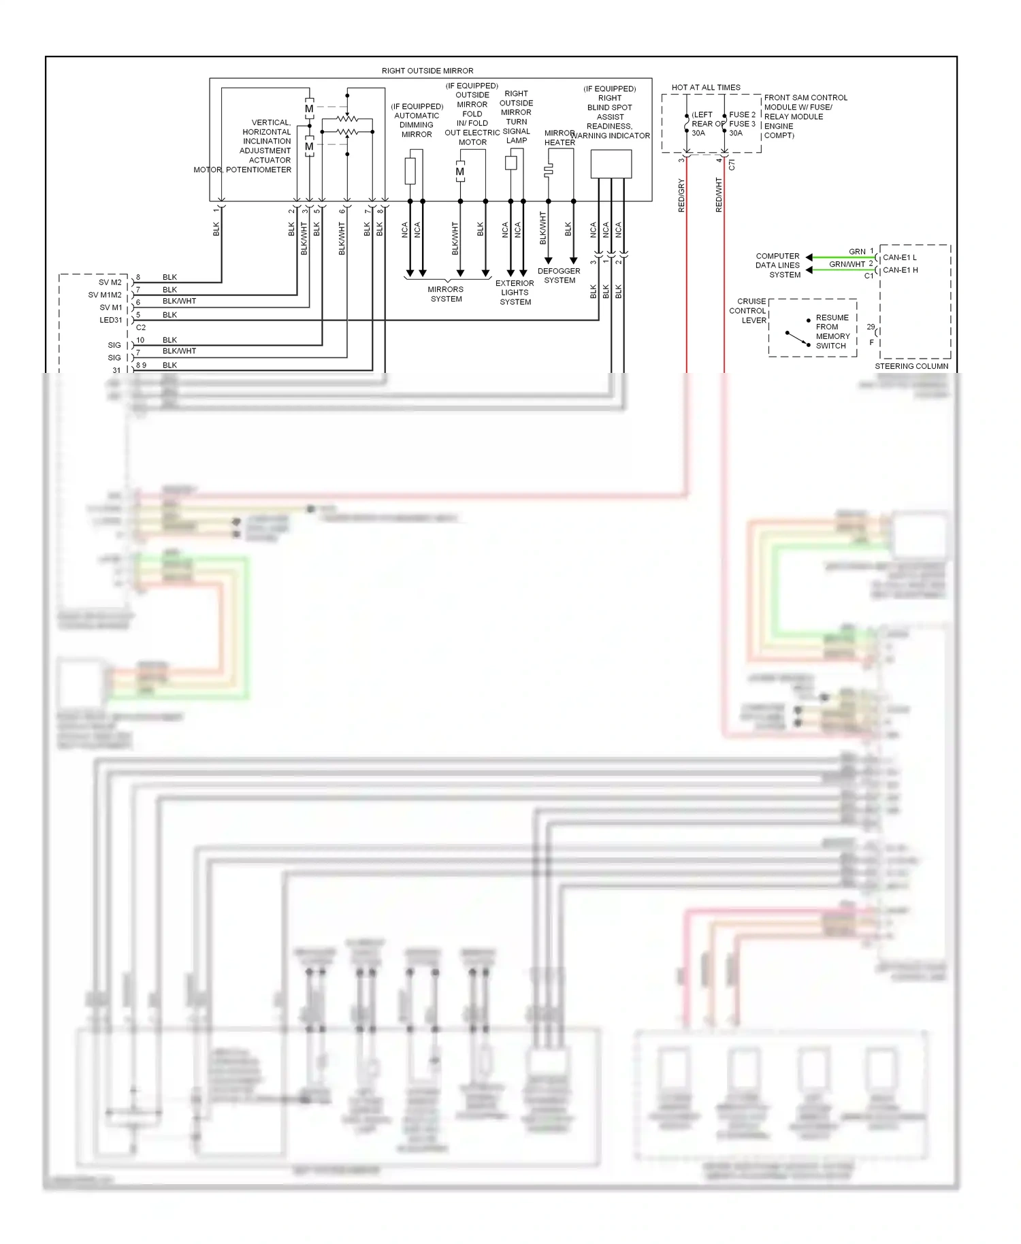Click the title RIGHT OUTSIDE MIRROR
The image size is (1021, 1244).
[427, 71]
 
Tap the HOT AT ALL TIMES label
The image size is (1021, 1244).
[705, 88]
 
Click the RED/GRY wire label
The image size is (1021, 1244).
[681, 196]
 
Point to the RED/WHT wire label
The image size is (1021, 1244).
[719, 195]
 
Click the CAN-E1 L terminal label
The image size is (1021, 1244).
[899, 257]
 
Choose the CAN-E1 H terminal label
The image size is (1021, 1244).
[900, 270]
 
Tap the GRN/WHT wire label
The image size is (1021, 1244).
[846, 264]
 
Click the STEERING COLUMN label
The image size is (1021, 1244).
[911, 366]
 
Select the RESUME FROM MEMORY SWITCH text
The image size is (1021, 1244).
[832, 331]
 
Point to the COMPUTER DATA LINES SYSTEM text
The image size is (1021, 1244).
[777, 265]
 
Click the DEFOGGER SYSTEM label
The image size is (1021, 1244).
[559, 276]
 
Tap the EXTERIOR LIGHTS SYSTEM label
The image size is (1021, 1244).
[515, 293]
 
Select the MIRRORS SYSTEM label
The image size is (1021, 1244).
[446, 294]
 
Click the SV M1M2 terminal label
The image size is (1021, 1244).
[105, 295]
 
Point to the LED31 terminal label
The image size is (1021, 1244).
[111, 320]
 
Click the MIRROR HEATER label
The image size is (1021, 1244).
[560, 137]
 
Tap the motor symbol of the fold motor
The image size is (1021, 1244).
[460, 171]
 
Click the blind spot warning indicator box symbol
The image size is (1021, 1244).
[611, 164]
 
